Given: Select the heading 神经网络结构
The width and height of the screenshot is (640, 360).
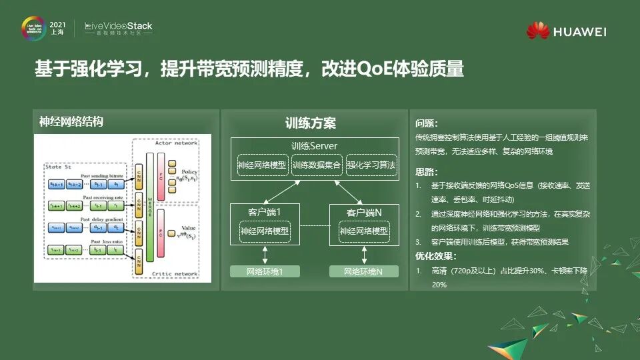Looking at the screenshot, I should pyautogui.click(x=71, y=121).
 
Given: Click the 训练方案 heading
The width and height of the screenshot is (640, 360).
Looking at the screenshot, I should pyautogui.click(x=311, y=123).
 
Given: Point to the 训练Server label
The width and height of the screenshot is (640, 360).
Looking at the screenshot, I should pyautogui.click(x=314, y=146).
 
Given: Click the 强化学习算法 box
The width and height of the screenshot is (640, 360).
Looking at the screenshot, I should pyautogui.click(x=371, y=165).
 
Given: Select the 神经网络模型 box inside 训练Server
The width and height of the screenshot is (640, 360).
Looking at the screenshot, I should pyautogui.click(x=261, y=165).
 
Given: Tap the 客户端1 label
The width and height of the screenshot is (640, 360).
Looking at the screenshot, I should pyautogui.click(x=265, y=213).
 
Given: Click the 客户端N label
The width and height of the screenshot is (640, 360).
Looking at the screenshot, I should pyautogui.click(x=363, y=213).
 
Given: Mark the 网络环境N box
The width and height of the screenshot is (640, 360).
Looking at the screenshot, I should pyautogui.click(x=363, y=271).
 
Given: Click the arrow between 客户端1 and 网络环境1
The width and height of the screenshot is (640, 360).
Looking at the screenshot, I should pyautogui.click(x=265, y=255).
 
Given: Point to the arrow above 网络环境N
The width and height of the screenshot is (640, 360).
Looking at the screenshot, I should pyautogui.click(x=364, y=255).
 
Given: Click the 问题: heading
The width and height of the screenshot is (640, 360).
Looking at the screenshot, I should pyautogui.click(x=427, y=123).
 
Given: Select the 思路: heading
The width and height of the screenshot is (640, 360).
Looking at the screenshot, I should pyautogui.click(x=427, y=172).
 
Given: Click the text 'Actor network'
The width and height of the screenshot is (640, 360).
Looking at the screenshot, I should pyautogui.click(x=176, y=142).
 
